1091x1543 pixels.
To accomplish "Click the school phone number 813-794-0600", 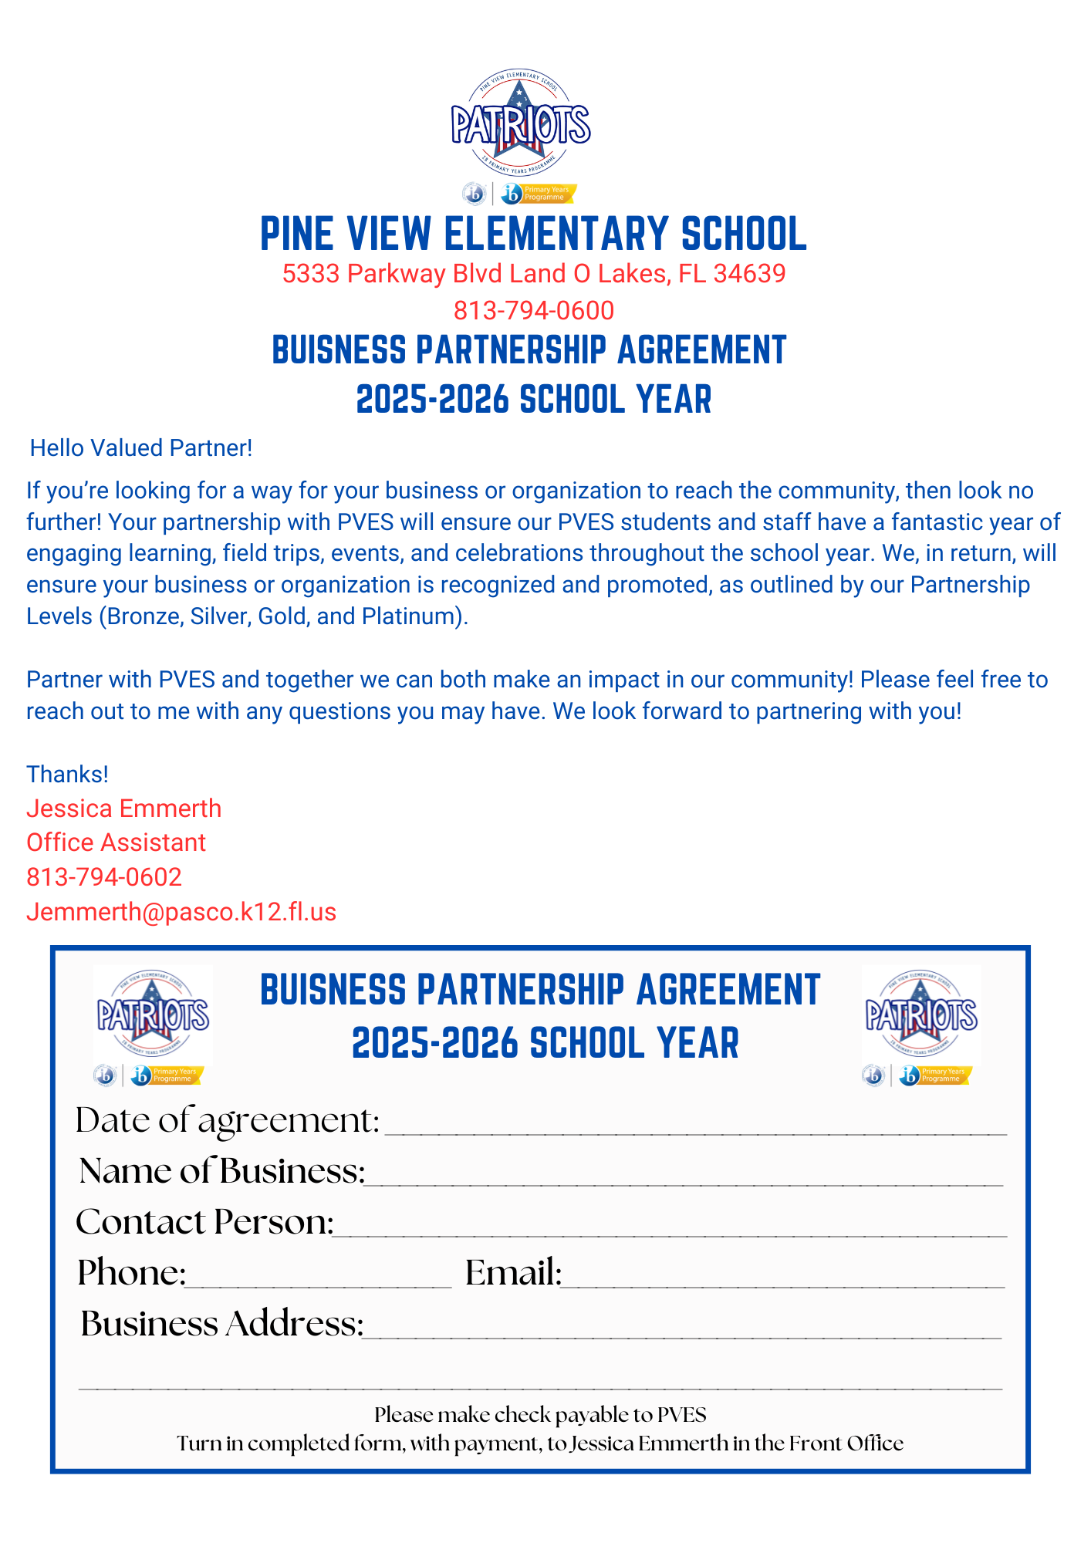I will pyautogui.click(x=533, y=310).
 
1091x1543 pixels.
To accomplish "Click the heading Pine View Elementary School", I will pyautogui.click(x=533, y=234).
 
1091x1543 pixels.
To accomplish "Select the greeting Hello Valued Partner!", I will pyautogui.click(x=141, y=448).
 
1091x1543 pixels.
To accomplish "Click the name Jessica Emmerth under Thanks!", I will pyautogui.click(x=123, y=809).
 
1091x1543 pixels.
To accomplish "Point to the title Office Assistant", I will pyautogui.click(x=116, y=842).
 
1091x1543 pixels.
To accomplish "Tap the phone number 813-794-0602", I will pyautogui.click(x=104, y=877).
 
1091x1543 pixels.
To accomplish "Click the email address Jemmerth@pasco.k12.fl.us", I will pyautogui.click(x=181, y=912).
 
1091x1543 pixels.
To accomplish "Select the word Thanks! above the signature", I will pyautogui.click(x=67, y=774).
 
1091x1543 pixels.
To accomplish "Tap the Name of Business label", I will pyautogui.click(x=222, y=1172).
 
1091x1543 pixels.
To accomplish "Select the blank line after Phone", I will pyautogui.click(x=318, y=1281).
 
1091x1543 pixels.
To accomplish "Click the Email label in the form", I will pyautogui.click(x=513, y=1274).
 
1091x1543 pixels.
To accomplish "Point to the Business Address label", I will pyautogui.click(x=222, y=1325).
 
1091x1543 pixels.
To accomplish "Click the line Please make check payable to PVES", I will pyautogui.click(x=540, y=1415).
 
